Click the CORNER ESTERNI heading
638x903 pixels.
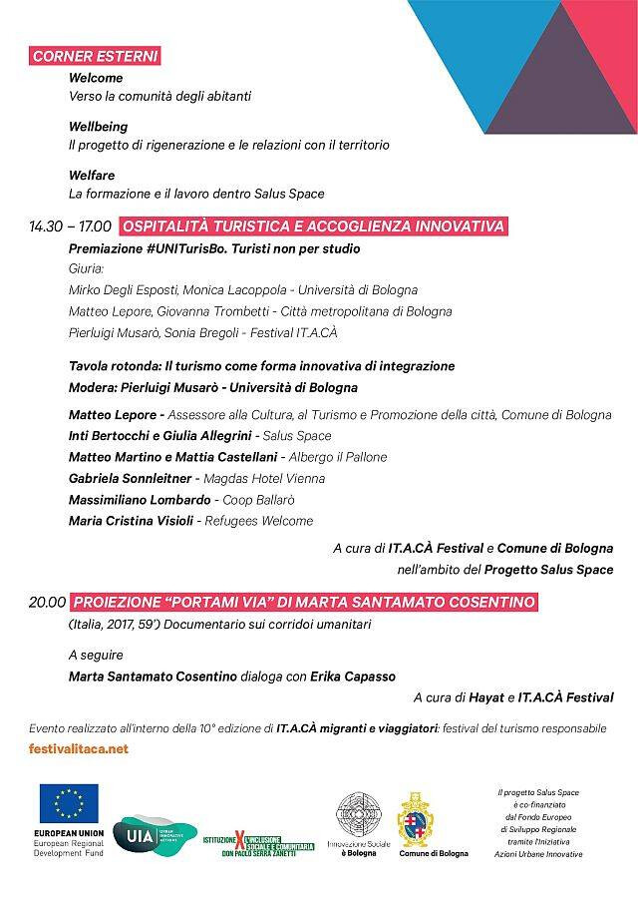(x=95, y=57)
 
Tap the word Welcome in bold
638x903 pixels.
(x=96, y=77)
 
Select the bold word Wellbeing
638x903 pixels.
(x=99, y=127)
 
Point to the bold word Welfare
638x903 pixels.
(x=93, y=176)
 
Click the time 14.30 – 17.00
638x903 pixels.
(x=70, y=227)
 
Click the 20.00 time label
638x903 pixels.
(x=47, y=602)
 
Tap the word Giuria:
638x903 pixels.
(x=87, y=269)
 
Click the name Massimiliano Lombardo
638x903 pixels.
(x=140, y=499)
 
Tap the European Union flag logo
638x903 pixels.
(x=69, y=801)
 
